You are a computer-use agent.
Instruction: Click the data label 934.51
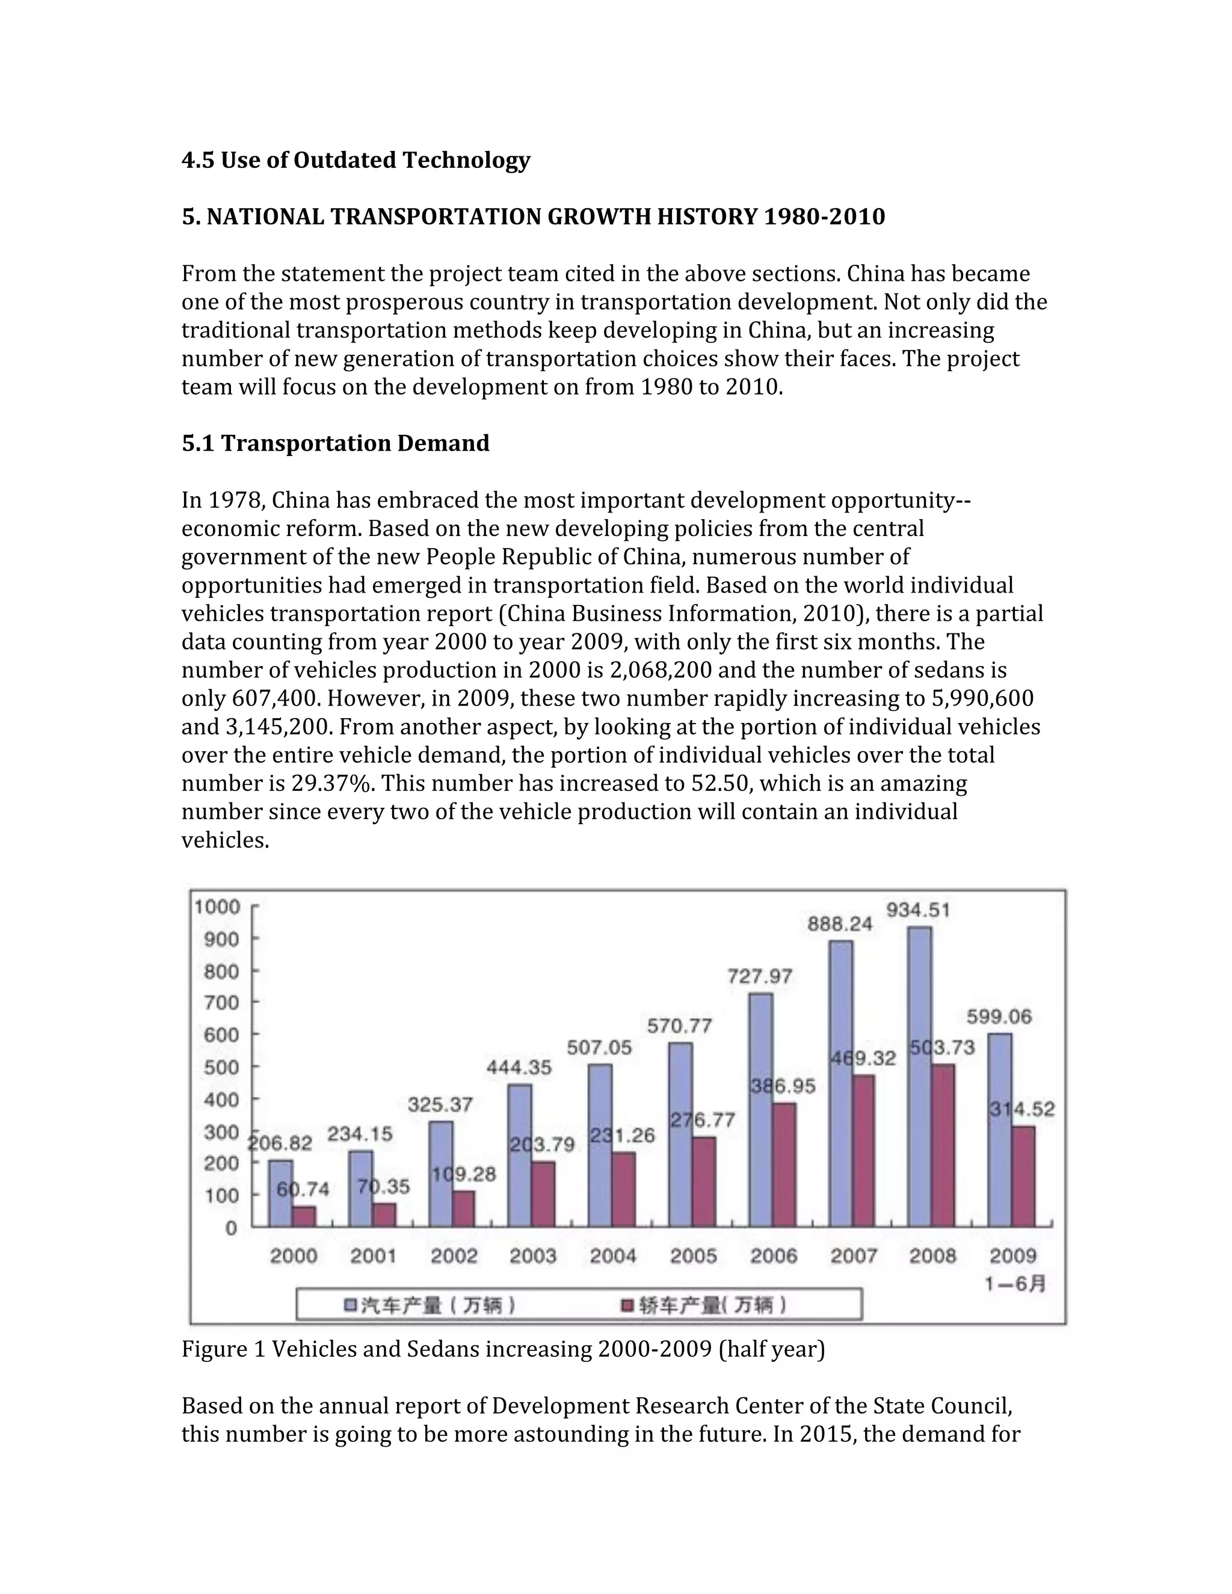click(918, 910)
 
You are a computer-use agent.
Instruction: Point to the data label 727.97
click(760, 976)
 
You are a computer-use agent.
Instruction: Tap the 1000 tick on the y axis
click(217, 906)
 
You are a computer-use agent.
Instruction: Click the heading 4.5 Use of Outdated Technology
click(356, 160)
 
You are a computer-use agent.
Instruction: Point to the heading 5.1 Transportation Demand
click(335, 443)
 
